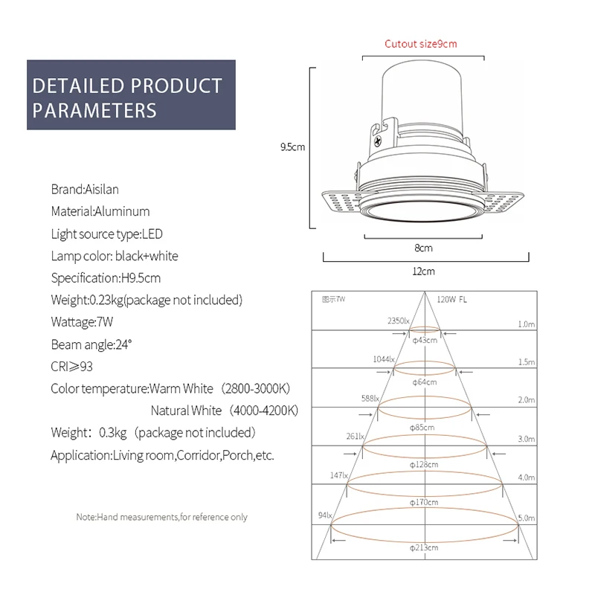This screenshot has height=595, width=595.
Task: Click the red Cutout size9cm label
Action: coord(420,43)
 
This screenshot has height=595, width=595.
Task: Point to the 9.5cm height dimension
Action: coord(292,147)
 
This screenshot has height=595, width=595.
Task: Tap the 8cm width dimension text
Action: coord(423,248)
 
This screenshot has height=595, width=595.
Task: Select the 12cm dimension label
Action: coord(423,271)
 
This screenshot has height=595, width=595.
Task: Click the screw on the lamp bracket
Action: coord(379,138)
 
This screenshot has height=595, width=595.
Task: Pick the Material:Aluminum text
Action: coord(100,211)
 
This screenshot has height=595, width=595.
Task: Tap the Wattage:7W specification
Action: coord(83,323)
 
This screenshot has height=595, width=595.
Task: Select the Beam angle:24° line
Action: coord(91,345)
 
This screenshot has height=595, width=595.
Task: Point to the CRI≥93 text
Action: coord(72,367)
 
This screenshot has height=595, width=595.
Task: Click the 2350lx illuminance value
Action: coord(398,321)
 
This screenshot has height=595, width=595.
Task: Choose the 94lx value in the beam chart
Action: coord(324,515)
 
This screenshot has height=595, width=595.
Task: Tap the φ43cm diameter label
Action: coord(424,340)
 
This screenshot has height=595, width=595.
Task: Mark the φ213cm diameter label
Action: coord(424,547)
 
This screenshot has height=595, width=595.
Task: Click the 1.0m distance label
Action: coord(526,324)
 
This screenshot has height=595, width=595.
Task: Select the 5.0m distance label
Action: coord(526,517)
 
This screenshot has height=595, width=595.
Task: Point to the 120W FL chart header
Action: coord(452,299)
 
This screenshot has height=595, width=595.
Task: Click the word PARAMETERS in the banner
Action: coord(94,111)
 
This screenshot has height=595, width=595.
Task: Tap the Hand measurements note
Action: coord(162,517)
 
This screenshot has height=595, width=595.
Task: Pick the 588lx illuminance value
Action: coord(370,398)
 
